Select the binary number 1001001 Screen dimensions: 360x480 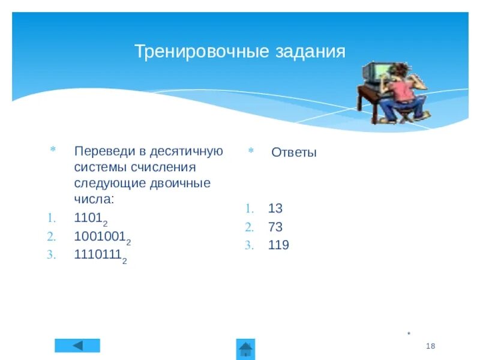point(100,236)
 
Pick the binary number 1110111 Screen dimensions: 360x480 point(98,254)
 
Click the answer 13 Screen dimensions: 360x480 point(275,209)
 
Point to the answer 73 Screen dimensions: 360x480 point(275,227)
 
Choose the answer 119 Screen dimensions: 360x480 point(278,245)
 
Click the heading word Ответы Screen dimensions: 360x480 point(293,152)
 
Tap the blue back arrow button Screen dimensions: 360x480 point(77,346)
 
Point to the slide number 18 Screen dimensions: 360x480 point(430,346)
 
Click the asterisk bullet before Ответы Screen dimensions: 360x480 point(251,152)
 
